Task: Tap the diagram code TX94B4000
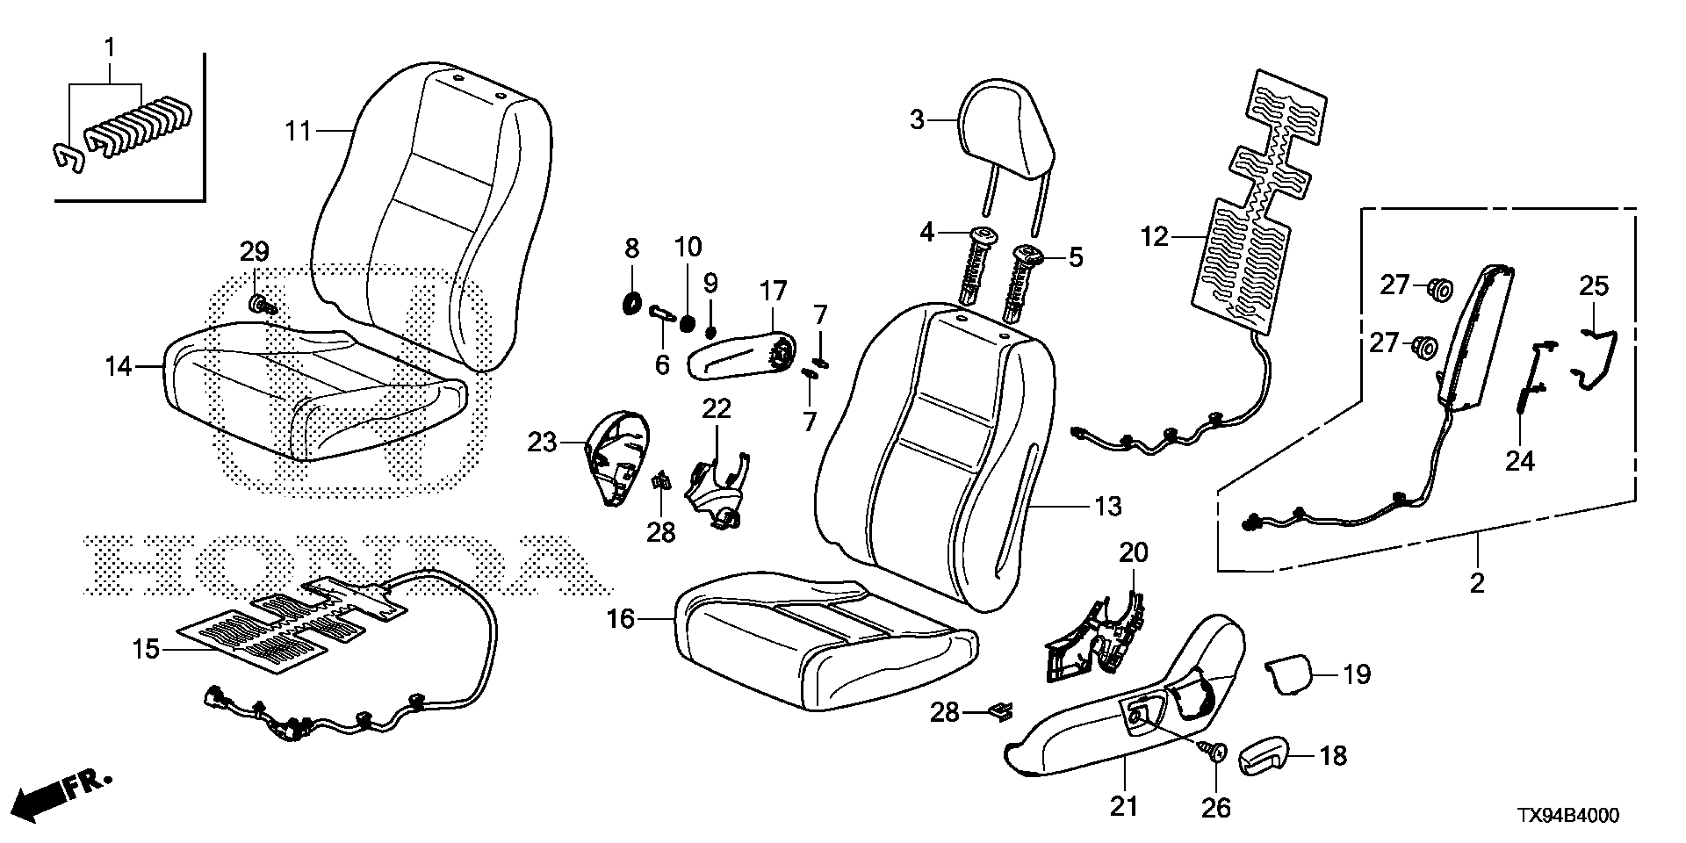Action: [1567, 816]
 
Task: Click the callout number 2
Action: [1477, 582]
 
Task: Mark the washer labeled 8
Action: [630, 305]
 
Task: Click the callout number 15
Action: [146, 650]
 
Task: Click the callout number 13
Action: [1108, 506]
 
